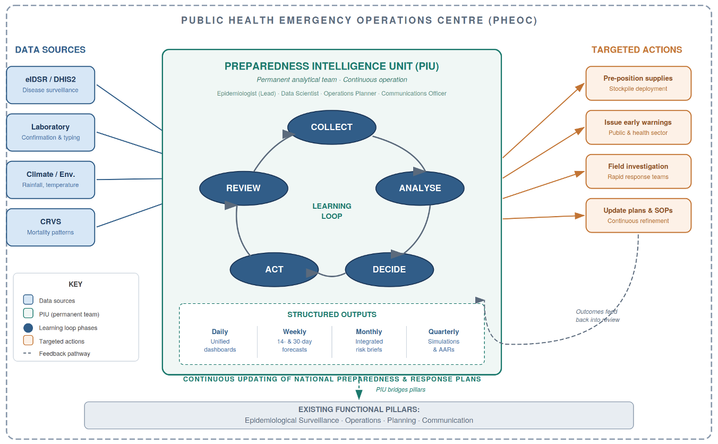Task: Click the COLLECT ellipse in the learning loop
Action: click(x=331, y=127)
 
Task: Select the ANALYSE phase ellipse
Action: click(x=420, y=188)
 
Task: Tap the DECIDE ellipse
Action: click(x=389, y=269)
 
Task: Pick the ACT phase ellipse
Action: click(x=274, y=269)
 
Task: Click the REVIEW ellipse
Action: click(x=243, y=188)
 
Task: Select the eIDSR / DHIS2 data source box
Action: click(x=50, y=84)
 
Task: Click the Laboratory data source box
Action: click(x=50, y=132)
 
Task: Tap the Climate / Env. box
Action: click(x=50, y=180)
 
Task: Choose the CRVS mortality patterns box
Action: click(x=50, y=227)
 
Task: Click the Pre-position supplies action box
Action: click(x=638, y=83)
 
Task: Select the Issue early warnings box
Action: click(x=638, y=127)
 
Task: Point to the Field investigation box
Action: click(x=638, y=171)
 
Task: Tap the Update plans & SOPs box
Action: click(x=638, y=215)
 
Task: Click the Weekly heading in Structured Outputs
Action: click(x=294, y=331)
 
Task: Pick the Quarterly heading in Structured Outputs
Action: click(x=443, y=331)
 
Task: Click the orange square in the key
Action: click(x=28, y=340)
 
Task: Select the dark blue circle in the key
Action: click(x=28, y=328)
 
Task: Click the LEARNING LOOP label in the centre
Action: click(x=331, y=211)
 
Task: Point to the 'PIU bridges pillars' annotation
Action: click(x=400, y=389)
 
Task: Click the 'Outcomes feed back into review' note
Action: click(x=597, y=315)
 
